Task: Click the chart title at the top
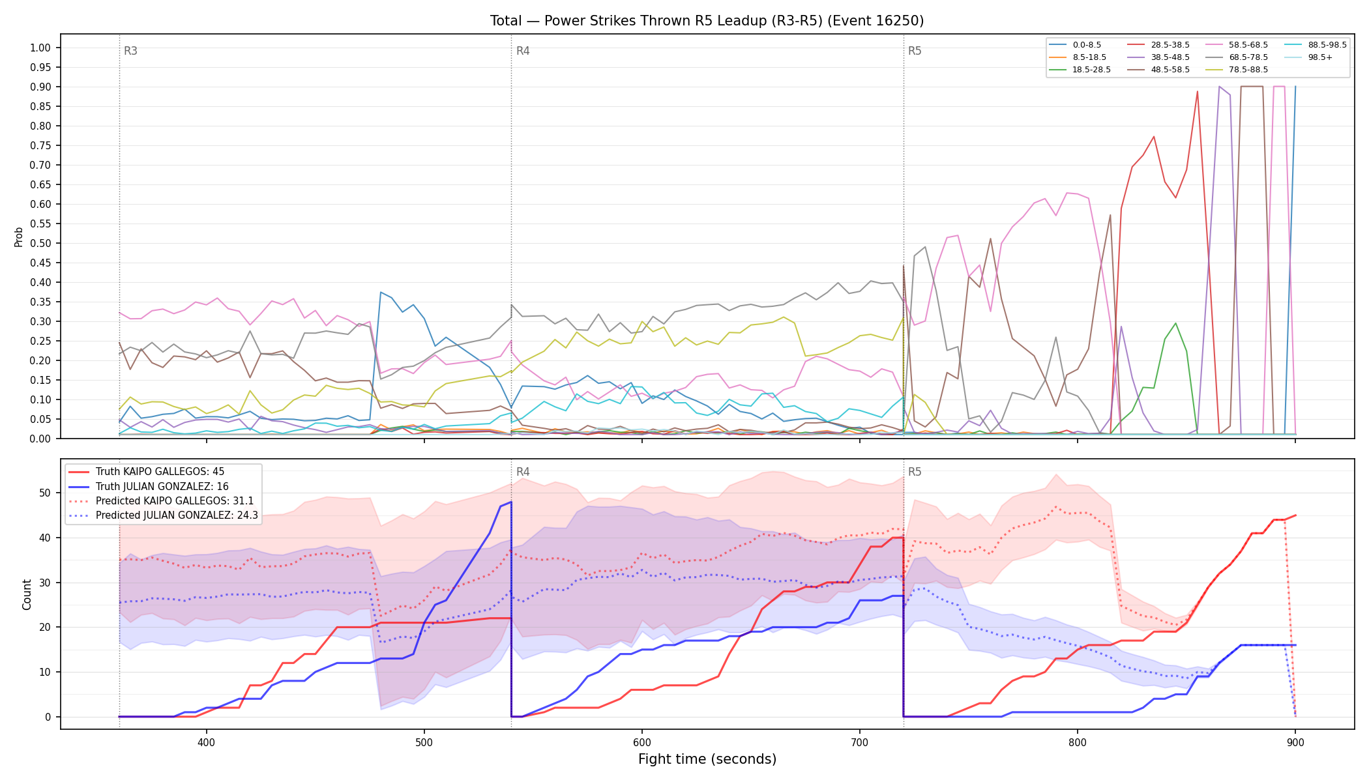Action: (707, 21)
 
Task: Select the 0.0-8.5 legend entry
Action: (1075, 45)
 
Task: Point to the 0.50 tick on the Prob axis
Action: (40, 243)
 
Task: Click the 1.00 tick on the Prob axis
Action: (40, 48)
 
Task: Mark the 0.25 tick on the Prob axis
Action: (40, 341)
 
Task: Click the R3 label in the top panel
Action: (130, 51)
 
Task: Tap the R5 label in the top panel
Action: (915, 51)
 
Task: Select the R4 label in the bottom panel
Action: (523, 472)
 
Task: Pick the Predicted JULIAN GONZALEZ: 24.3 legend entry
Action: (163, 515)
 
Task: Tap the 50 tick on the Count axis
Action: (45, 493)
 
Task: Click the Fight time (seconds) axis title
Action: (707, 759)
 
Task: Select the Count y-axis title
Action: (27, 594)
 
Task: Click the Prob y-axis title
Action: (18, 237)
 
